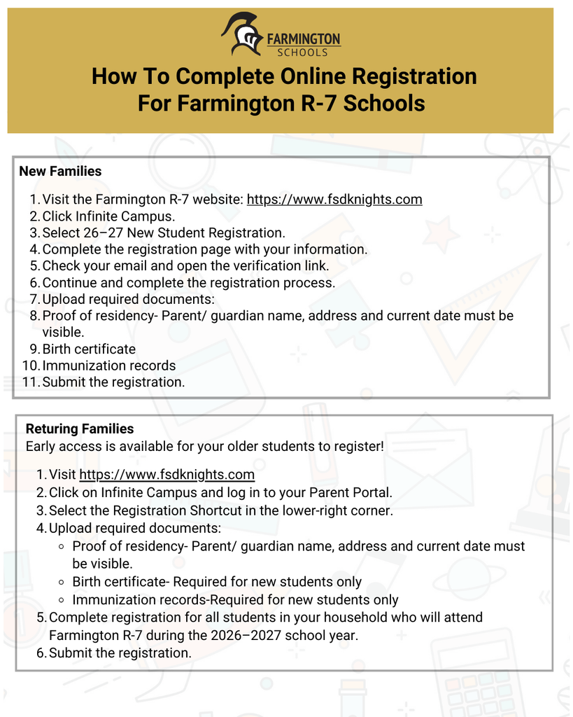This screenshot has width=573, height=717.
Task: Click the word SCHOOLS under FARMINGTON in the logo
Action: click(302, 52)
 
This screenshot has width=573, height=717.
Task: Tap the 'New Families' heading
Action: click(60, 172)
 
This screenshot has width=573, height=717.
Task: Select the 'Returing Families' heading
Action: click(80, 429)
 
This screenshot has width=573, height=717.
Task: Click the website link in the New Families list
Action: click(334, 200)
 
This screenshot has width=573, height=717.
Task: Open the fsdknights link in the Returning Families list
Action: click(167, 475)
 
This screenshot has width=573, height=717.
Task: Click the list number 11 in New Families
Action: click(30, 382)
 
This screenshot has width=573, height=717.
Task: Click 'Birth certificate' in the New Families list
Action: click(89, 349)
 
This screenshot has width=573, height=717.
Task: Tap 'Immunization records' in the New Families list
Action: click(109, 366)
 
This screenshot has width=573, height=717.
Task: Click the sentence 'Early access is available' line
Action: click(204, 446)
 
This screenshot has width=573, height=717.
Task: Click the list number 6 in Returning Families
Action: click(41, 653)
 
